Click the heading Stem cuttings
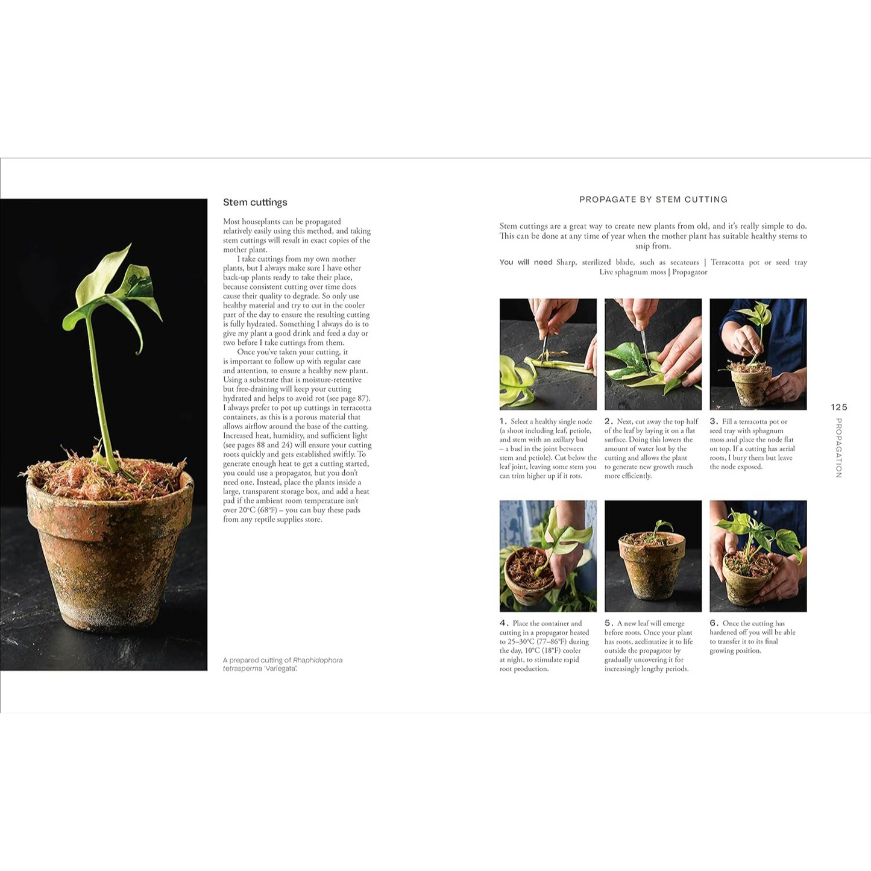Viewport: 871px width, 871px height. tap(255, 203)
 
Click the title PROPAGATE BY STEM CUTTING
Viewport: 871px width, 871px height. tap(653, 200)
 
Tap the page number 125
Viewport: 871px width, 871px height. tap(838, 407)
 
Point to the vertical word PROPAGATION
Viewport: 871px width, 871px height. tap(838, 448)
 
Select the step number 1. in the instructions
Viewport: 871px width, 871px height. tap(503, 421)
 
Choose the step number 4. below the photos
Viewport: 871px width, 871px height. tap(504, 623)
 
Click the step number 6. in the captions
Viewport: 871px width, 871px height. tap(714, 623)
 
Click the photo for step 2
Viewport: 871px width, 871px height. tap(653, 354)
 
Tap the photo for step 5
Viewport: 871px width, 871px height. tap(653, 556)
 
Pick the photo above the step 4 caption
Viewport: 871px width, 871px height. tap(548, 556)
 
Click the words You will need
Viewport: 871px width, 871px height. tap(526, 262)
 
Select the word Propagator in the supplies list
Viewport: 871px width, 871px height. tap(690, 272)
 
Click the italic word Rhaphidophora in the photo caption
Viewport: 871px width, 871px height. tap(318, 660)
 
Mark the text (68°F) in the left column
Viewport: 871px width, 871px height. tap(267, 510)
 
